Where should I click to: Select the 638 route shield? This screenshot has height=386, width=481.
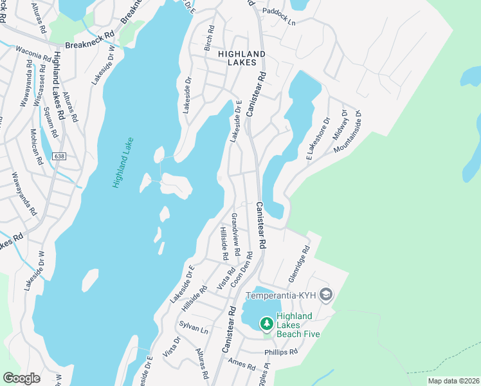click(60, 156)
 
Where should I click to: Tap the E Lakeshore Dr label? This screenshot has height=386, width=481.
click(318, 139)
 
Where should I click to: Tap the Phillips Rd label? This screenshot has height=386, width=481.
click(281, 353)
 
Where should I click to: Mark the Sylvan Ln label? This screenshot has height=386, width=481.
click(194, 328)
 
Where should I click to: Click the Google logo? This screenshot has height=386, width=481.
click(21, 378)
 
